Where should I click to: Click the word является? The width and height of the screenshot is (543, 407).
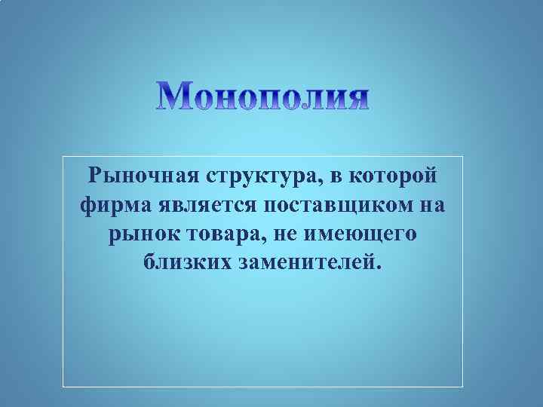click(x=205, y=206)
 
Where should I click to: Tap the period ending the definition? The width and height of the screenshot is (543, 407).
click(x=380, y=269)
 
